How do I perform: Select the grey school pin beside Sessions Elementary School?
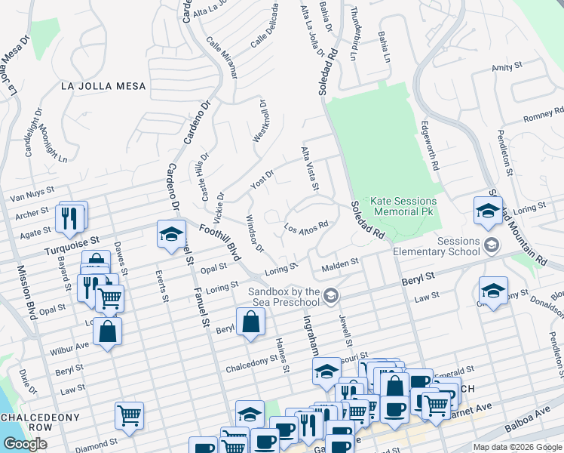coord(492,245)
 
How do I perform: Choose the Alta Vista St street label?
coord(311,168)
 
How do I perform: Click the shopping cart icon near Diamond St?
coord(130,414)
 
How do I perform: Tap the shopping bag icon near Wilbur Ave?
coord(108,331)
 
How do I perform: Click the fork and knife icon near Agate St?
coord(69,218)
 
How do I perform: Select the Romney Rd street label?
coord(544,116)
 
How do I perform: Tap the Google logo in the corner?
coord(24,444)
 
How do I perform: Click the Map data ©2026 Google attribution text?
coord(517,447)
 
